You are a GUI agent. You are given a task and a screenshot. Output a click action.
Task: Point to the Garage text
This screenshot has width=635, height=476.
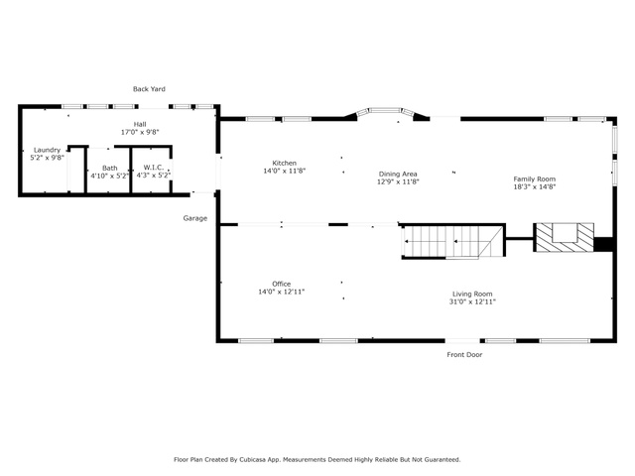point(195,218)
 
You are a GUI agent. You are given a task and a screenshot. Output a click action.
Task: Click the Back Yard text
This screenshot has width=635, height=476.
point(149,89)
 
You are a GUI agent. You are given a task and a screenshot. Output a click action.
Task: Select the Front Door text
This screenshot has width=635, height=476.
point(464,355)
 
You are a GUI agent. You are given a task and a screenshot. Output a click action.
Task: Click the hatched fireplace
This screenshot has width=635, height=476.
point(564,237)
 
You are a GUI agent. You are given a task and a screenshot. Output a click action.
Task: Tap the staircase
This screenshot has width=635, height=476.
point(453,242)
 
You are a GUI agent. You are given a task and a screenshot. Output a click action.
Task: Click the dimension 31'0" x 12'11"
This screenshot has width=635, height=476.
point(472,301)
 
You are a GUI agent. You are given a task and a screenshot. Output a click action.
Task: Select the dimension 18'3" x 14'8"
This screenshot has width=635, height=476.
point(535,186)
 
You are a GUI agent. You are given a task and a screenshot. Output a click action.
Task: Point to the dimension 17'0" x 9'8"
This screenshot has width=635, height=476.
point(140,132)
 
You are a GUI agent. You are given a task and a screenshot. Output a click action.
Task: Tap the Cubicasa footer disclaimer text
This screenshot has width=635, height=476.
point(317,460)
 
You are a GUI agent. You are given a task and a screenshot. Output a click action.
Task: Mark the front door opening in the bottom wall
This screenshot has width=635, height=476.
point(462,341)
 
